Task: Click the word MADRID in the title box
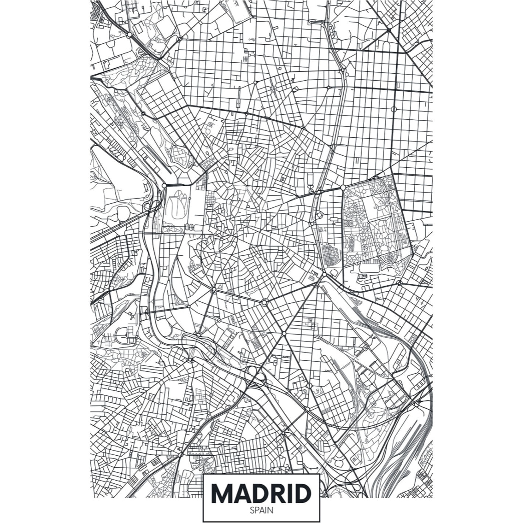click(x=261, y=494)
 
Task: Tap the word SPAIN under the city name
click(x=261, y=510)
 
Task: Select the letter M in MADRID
click(x=223, y=494)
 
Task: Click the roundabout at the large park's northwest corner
click(x=343, y=188)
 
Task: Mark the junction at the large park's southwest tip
click(x=324, y=275)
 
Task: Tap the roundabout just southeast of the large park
click(x=400, y=282)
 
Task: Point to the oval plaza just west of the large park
click(x=319, y=215)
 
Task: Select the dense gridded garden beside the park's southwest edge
click(x=331, y=254)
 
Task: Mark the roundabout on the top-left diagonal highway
click(x=129, y=35)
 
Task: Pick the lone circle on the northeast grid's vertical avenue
click(x=394, y=109)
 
